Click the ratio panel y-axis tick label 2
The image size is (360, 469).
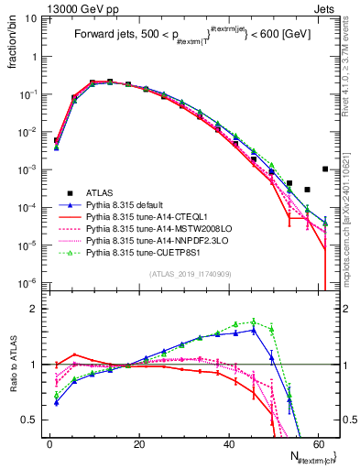36,309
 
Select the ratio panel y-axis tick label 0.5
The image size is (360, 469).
32,420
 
